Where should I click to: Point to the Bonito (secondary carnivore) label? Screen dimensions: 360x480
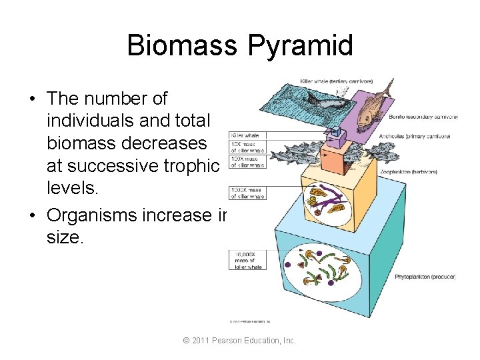pyautogui.click(x=423, y=117)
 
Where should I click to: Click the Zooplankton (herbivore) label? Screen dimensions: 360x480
pyautogui.click(x=427, y=171)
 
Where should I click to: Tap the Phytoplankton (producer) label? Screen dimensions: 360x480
pyautogui.click(x=425, y=276)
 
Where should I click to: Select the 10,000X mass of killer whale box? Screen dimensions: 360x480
pyautogui.click(x=247, y=261)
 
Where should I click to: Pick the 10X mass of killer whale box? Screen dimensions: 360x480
pyautogui.click(x=247, y=147)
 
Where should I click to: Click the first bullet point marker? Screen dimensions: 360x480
pyautogui.click(x=31, y=99)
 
